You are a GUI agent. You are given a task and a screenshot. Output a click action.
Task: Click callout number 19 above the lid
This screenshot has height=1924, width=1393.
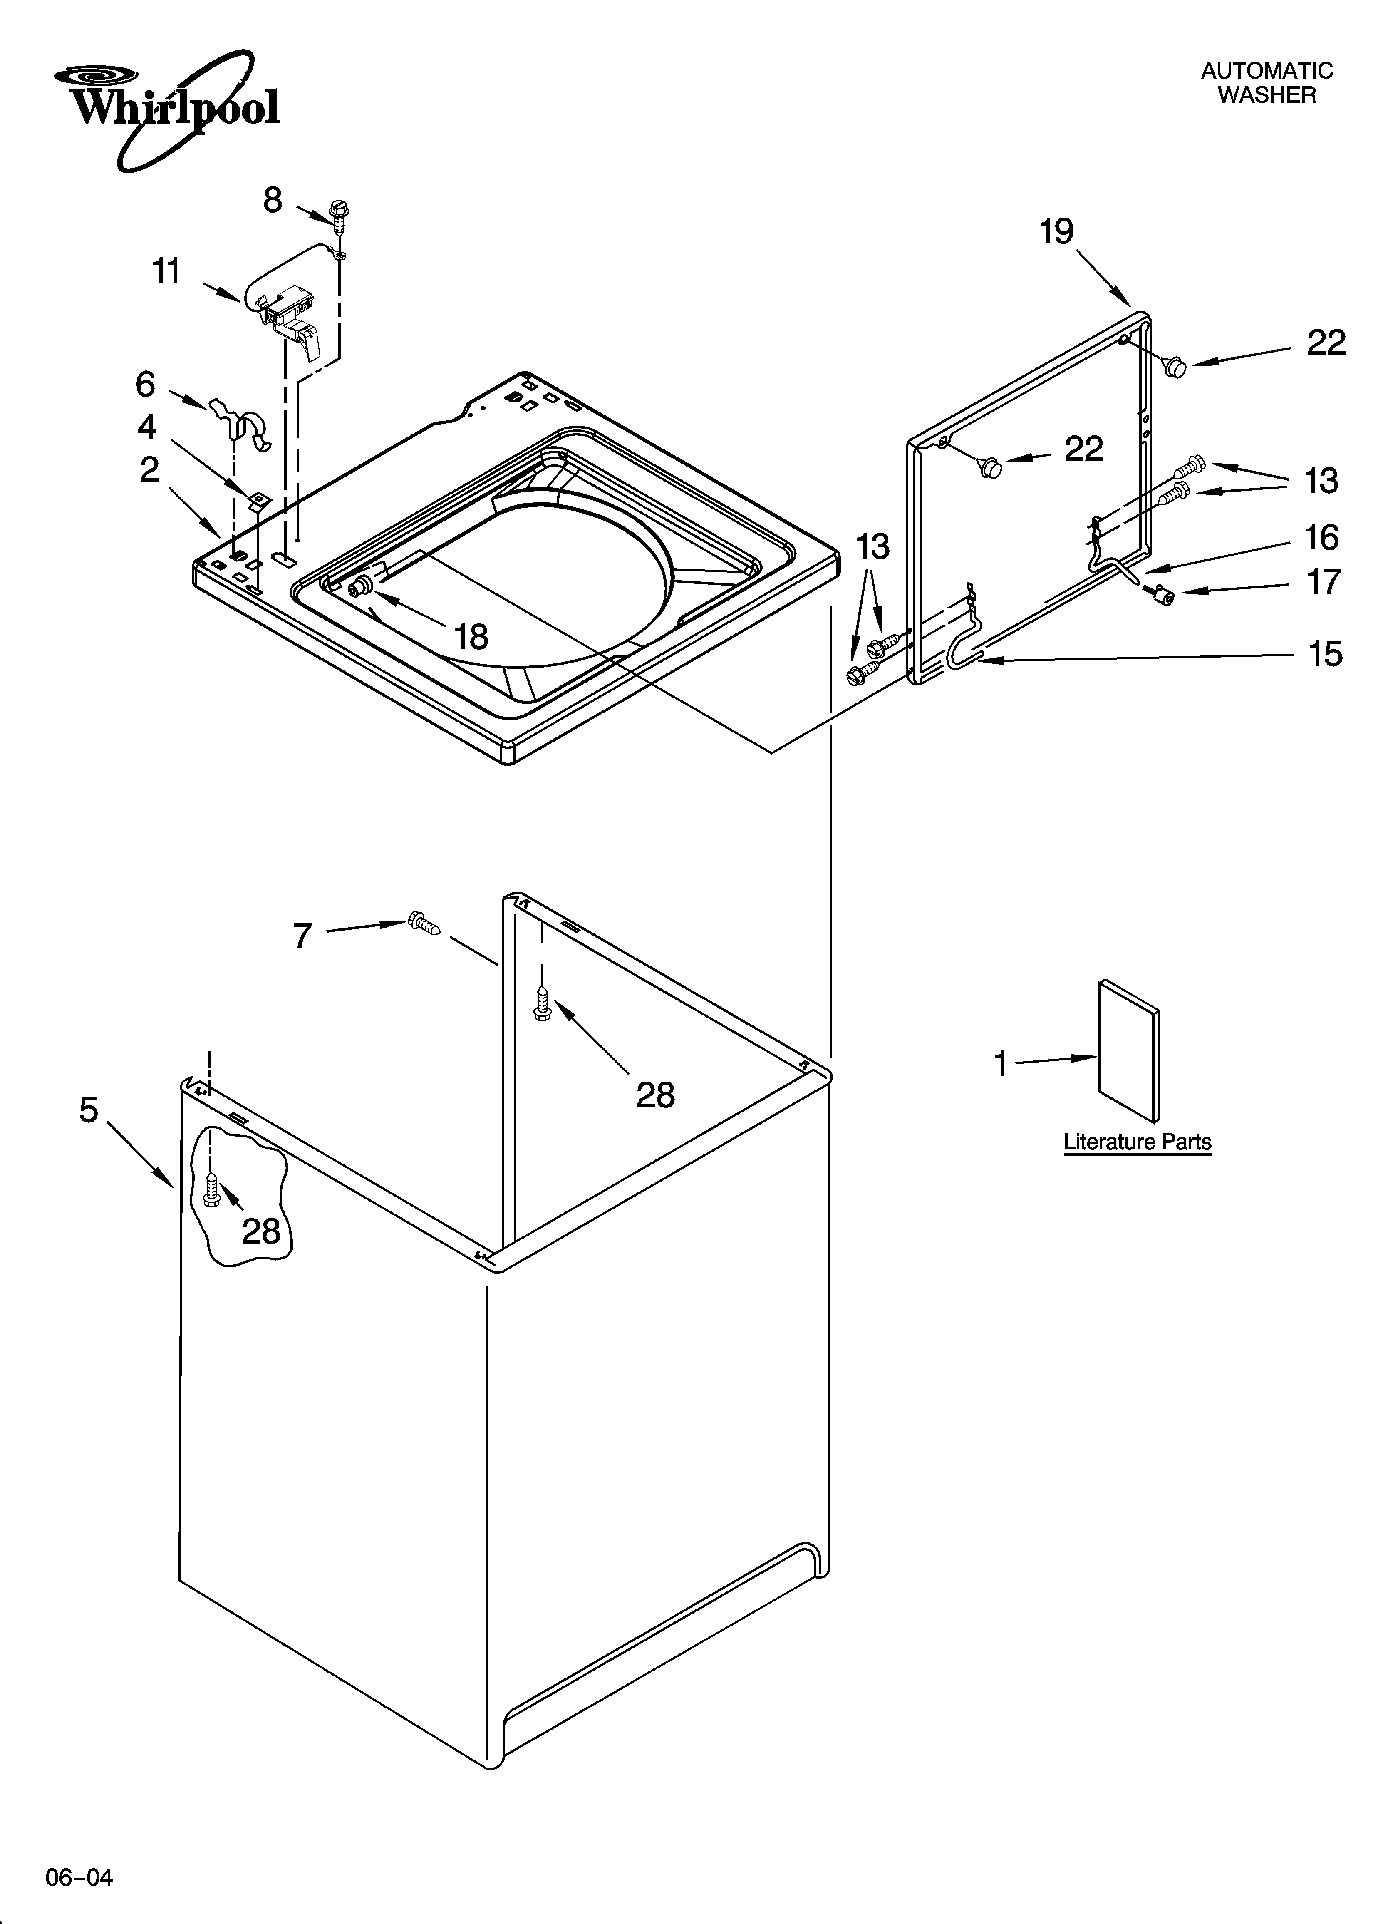(1057, 231)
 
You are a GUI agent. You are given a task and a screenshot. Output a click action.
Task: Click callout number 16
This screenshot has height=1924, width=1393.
(1321, 538)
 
